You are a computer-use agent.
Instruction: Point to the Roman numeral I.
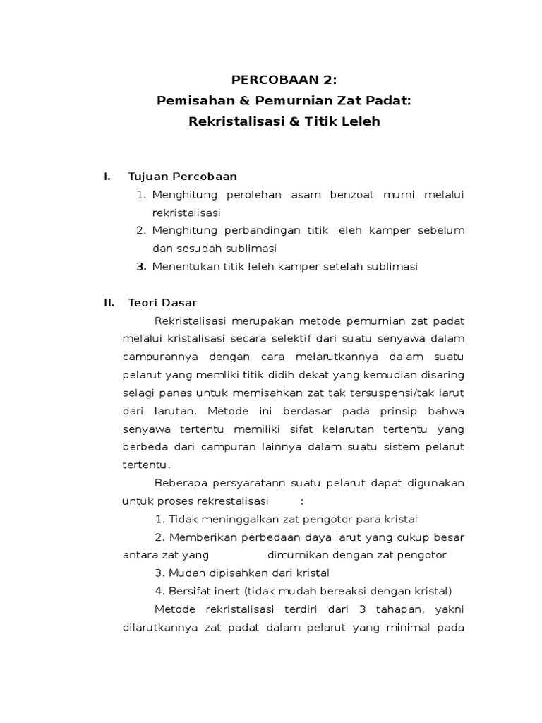pyautogui.click(x=107, y=176)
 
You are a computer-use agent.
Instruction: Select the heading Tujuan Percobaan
pyautogui.click(x=182, y=176)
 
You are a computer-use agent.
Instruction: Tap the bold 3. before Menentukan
pyautogui.click(x=141, y=267)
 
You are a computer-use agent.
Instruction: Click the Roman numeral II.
pyautogui.click(x=109, y=303)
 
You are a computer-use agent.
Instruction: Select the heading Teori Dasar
pyautogui.click(x=162, y=303)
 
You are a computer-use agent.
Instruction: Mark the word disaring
pyautogui.click(x=443, y=375)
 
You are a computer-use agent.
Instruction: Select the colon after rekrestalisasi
pyautogui.click(x=302, y=501)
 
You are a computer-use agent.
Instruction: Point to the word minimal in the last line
pyautogui.click(x=405, y=628)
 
